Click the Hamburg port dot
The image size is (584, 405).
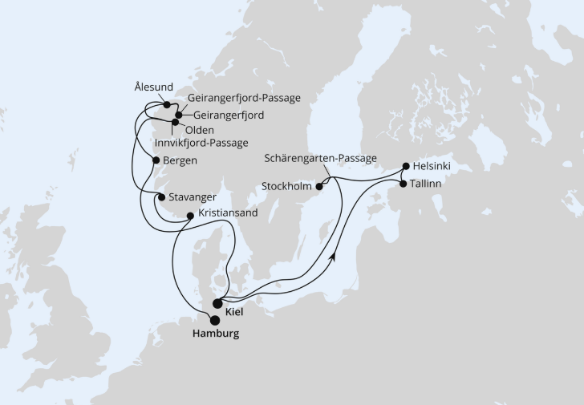click(x=214, y=320)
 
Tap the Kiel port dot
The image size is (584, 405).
click(x=217, y=303)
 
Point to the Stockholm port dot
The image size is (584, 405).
click(x=318, y=187)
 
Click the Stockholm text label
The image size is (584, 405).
click(x=287, y=187)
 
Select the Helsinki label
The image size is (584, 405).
click(x=432, y=167)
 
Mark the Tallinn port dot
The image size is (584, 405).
click(x=403, y=184)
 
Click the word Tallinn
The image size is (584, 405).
click(x=428, y=184)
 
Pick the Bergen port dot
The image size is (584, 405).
click(x=155, y=160)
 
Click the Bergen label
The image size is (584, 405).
click(x=180, y=160)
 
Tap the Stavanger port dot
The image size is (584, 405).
click(x=161, y=196)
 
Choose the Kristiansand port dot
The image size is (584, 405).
click(x=189, y=215)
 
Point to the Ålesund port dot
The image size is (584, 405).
click(x=166, y=104)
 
